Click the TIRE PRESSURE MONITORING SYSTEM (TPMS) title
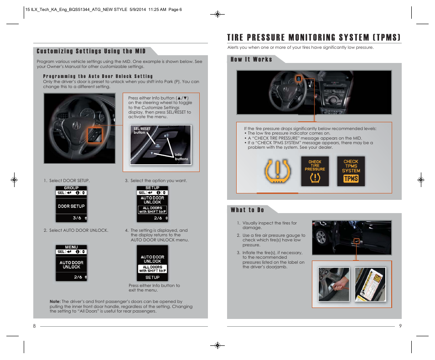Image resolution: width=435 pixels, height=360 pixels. click(x=314, y=37)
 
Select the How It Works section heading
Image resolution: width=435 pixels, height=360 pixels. click(x=251, y=59)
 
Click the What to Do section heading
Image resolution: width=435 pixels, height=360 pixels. click(x=247, y=210)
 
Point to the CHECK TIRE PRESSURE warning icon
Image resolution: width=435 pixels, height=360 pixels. click(x=315, y=171)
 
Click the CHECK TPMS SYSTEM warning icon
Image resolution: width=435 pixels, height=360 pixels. click(x=351, y=171)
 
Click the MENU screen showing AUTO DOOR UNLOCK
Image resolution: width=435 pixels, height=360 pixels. click(x=71, y=263)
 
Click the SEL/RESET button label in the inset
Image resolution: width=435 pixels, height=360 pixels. click(x=142, y=130)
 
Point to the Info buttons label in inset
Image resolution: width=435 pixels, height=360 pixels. click(x=181, y=157)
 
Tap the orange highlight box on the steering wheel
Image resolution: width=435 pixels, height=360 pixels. click(x=95, y=136)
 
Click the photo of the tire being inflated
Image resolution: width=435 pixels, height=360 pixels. click(x=334, y=285)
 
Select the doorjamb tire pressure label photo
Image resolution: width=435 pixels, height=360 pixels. click(x=370, y=285)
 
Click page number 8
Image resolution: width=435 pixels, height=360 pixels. click(x=34, y=326)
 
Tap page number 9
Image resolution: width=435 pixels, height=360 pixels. click(x=399, y=326)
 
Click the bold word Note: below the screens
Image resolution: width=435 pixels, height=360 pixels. click(x=55, y=302)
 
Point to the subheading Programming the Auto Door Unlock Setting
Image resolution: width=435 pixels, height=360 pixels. click(x=98, y=76)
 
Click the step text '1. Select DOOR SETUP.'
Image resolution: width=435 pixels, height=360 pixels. click(x=67, y=181)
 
